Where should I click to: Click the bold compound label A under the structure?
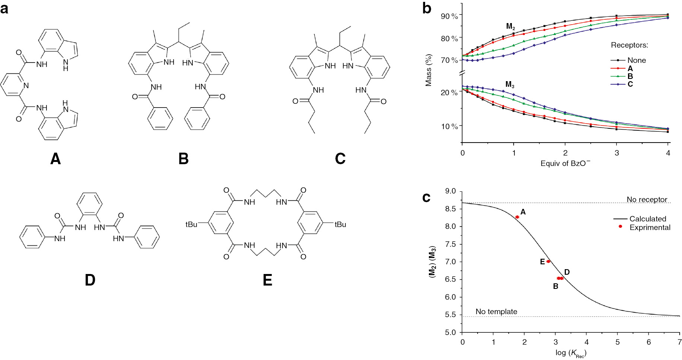point(55,159)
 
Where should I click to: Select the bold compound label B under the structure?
point(184,159)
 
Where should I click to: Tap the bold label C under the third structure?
point(340,159)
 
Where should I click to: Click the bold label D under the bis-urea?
point(90,280)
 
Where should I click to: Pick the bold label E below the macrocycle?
point(267,280)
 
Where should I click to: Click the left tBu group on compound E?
point(191,224)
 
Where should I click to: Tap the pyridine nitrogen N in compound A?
point(26,86)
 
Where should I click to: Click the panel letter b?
point(427,8)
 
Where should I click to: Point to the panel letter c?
point(426,197)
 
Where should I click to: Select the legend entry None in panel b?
point(637,60)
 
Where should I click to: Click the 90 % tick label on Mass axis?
point(449,16)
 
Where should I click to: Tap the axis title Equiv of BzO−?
point(565,163)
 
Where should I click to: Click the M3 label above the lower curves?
point(510,85)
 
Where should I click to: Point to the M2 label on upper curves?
point(510,26)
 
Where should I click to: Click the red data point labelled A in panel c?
point(517,217)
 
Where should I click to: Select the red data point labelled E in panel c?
point(548,261)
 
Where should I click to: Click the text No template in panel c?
point(496,312)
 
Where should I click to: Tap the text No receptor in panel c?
point(647,200)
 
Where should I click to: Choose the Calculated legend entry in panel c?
point(647,219)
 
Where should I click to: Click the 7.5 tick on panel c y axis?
point(450,244)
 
